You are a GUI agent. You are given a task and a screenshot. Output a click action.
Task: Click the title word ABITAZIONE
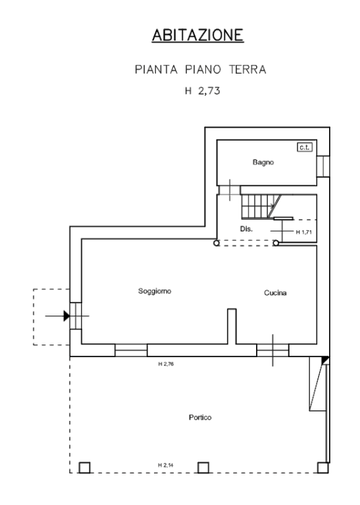click(197, 35)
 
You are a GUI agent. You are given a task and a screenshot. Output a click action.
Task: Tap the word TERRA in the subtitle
click(247, 70)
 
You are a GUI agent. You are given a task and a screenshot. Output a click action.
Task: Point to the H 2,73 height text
click(203, 91)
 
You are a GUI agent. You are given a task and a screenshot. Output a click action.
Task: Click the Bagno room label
click(263, 162)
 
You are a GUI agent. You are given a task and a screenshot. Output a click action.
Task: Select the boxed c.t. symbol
click(305, 147)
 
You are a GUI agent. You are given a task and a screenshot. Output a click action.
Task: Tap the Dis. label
click(246, 229)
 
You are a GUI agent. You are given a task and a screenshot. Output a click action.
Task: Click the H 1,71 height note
click(304, 232)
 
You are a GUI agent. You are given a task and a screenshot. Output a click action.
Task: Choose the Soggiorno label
click(155, 291)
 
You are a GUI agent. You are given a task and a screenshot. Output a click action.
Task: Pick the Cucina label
click(275, 293)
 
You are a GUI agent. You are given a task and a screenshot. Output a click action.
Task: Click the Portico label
click(200, 418)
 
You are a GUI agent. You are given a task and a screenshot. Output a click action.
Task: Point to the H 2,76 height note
click(166, 364)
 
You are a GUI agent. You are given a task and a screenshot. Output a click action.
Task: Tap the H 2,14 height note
click(166, 465)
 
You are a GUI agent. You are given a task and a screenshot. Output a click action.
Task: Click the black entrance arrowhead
click(66, 316)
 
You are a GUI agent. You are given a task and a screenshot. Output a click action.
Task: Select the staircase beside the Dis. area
click(261, 206)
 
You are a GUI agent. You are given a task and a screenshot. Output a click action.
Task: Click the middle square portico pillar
click(203, 468)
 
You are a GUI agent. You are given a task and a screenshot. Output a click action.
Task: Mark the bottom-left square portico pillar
click(84, 468)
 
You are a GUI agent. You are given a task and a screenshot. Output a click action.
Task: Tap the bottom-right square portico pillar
click(322, 468)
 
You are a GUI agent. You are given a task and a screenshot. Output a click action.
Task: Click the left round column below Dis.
click(217, 243)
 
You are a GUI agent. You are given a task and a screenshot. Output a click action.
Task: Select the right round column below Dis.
click(276, 243)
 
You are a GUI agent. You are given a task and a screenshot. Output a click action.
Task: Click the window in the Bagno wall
click(323, 166)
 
